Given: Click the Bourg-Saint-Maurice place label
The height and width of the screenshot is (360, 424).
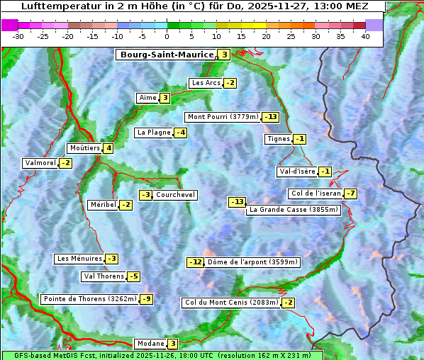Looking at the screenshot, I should point(167,55).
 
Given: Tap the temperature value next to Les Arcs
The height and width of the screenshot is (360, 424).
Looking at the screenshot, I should point(230,83).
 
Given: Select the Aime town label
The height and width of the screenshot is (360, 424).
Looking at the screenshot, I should point(147,98).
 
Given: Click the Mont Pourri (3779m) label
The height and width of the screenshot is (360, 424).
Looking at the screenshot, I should point(222,117).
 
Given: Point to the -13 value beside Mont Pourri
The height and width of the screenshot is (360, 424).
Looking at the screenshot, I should point(270,117).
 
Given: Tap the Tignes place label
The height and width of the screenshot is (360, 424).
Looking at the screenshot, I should point(278,139).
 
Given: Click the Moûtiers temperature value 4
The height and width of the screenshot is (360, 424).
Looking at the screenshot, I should point(108,148).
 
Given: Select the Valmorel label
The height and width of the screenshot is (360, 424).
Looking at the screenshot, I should point(40,163).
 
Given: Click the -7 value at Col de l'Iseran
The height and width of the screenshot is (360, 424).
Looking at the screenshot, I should point(350,193).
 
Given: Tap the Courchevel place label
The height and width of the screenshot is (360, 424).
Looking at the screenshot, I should point(175,195).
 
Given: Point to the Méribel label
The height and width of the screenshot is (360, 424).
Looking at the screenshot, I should point(103,205).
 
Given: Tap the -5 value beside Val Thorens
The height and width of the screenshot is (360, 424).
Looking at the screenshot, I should point(133,276).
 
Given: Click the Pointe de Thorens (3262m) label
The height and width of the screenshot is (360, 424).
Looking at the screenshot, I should point(89,299).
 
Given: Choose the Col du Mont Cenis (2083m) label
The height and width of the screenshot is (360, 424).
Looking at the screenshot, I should point(231,303).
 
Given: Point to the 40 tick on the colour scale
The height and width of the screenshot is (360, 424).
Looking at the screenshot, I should point(365,36).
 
